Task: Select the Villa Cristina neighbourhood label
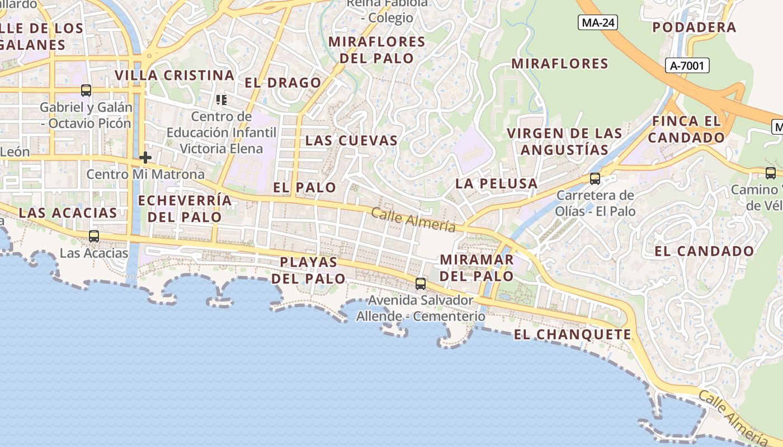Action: coord(174,75)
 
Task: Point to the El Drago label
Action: coord(283,83)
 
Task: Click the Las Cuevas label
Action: coord(351,141)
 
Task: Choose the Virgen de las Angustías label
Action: coord(564,141)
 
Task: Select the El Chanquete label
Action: coord(572,335)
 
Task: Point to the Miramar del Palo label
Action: coord(477,268)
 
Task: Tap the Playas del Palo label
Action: coord(309,270)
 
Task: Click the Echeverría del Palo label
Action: coord(185,208)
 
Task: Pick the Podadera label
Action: coord(694,27)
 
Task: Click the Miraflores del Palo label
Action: coord(377,50)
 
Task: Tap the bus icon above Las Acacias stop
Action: coord(94,236)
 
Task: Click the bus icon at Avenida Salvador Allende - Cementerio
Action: coord(421,283)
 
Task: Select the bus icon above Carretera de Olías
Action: coord(595,179)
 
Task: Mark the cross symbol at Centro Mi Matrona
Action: coord(145,158)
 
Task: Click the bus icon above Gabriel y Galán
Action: coord(86,89)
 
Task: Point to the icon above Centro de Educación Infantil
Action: coord(221,100)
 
